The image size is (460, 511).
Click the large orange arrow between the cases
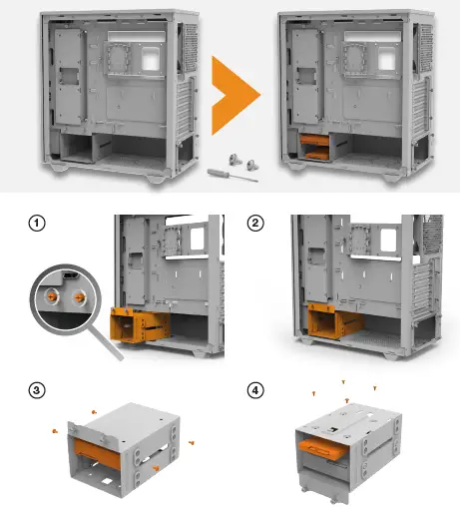coord(234,96)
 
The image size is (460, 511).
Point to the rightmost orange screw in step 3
coord(192,442)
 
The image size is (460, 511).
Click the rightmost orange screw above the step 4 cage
coord(375,387)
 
